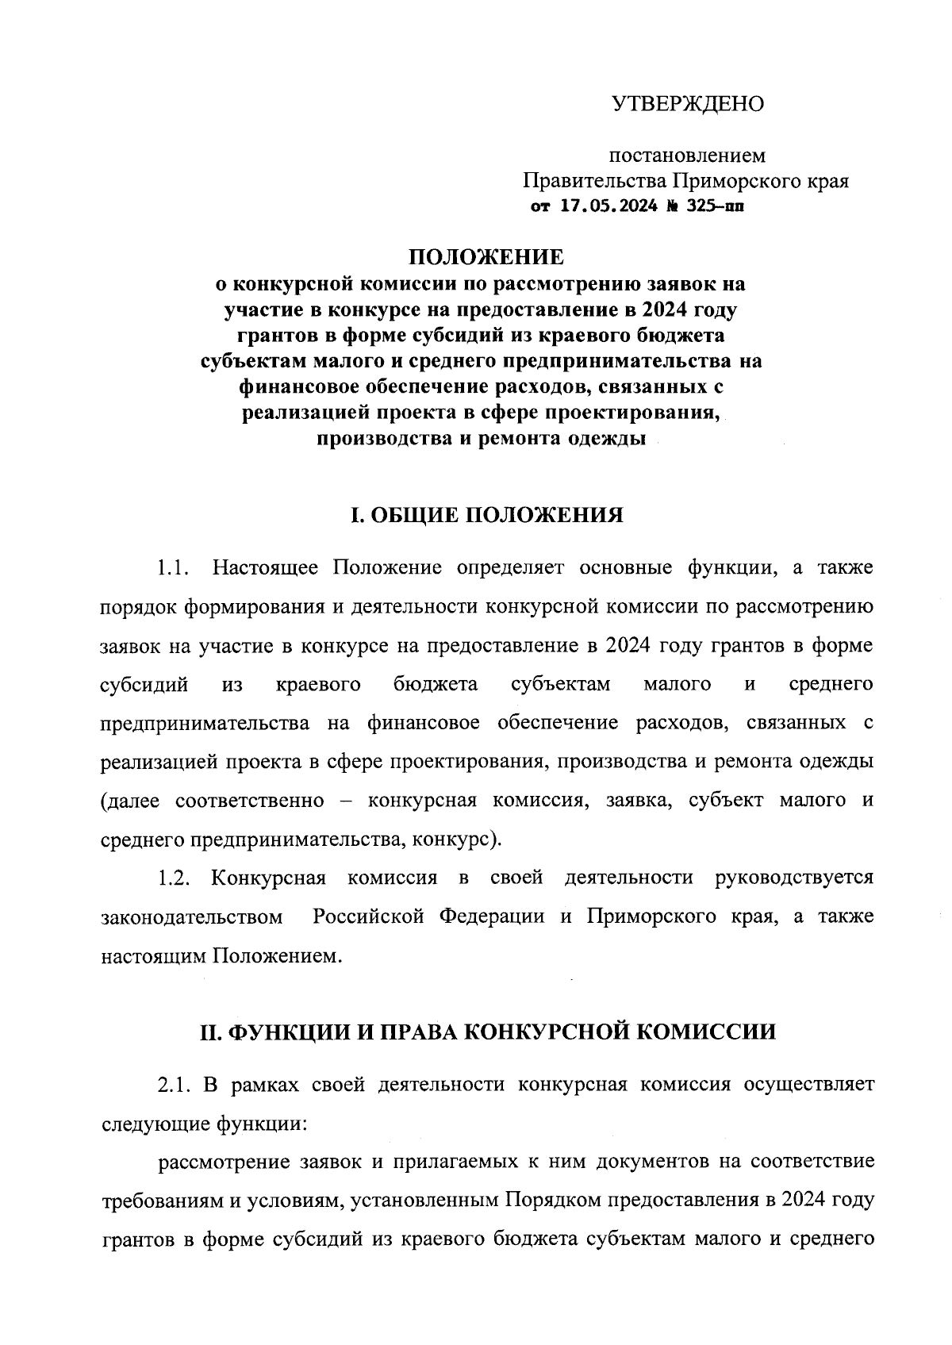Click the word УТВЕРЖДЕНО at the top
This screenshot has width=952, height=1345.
click(687, 104)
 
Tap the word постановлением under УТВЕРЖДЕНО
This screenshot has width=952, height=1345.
click(687, 156)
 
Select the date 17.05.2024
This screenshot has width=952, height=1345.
click(609, 207)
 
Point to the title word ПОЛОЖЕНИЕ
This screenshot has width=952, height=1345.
click(486, 257)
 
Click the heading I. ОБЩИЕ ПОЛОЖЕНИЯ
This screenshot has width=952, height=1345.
click(486, 516)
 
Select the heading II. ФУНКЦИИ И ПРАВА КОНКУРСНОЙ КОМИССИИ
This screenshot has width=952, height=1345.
click(486, 1032)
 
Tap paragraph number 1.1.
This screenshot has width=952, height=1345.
click(175, 568)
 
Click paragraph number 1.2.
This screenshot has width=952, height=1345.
click(175, 878)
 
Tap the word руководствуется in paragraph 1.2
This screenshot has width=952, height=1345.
click(793, 878)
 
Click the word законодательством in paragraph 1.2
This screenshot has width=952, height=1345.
click(192, 917)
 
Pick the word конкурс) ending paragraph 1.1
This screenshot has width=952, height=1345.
click(459, 840)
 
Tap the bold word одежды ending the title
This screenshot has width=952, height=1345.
click(611, 439)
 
